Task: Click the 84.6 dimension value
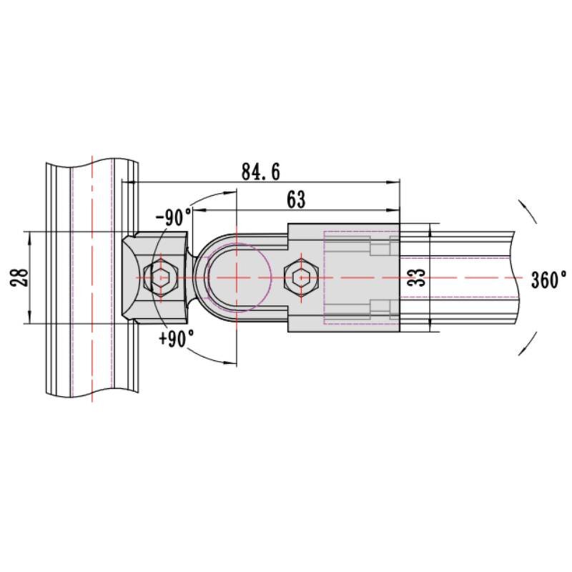(260, 172)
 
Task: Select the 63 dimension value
(295, 200)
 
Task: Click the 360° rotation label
(548, 280)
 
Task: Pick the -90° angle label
(174, 217)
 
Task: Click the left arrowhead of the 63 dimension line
(196, 210)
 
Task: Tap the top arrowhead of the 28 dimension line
(29, 237)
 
